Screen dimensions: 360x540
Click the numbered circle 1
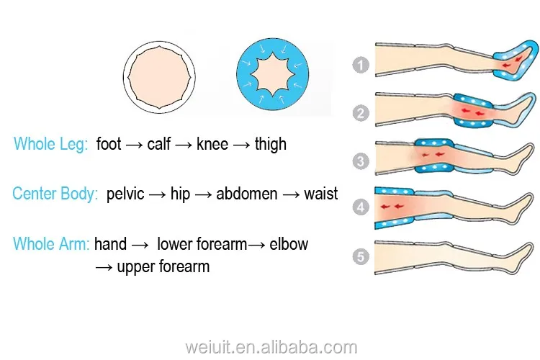(x=361, y=66)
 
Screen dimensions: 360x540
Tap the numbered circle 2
(x=361, y=113)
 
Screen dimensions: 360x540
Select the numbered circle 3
(x=361, y=161)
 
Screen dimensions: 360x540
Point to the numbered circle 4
(x=361, y=209)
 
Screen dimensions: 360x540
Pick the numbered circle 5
(x=361, y=256)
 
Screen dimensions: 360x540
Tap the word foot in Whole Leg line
(x=109, y=145)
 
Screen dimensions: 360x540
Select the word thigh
(x=271, y=145)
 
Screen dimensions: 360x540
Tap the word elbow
(x=289, y=245)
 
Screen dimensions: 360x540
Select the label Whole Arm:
(x=51, y=245)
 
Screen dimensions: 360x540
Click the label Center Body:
(x=55, y=194)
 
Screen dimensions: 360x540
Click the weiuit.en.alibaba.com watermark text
(x=269, y=348)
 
